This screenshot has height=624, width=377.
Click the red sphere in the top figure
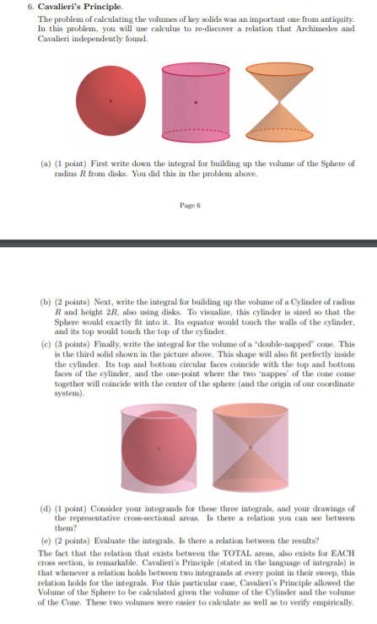[x=110, y=101]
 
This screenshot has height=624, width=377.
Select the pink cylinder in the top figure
[x=195, y=101]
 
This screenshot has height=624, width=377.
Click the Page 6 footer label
[x=188, y=206]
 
